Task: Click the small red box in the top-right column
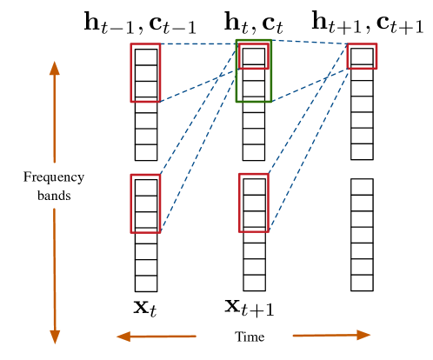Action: pos(362,57)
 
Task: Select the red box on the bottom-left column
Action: pos(145,203)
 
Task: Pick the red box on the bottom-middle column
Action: pos(254,203)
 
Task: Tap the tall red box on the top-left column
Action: pos(145,73)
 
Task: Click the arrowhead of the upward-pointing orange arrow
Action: pos(55,68)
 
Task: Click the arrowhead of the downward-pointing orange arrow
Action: pos(55,337)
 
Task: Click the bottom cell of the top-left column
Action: pos(146,152)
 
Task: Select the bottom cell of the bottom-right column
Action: pos(362,283)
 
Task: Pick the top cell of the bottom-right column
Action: pos(362,187)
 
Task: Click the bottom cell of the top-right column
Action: pos(362,151)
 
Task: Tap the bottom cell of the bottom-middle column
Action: pos(254,283)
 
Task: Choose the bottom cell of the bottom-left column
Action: pos(146,283)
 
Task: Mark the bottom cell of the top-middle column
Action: pos(254,152)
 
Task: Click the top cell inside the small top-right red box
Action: pos(362,57)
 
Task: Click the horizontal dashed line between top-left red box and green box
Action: pos(198,43)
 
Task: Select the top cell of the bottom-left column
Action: pos(146,187)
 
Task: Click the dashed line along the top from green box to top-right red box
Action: pos(310,42)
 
